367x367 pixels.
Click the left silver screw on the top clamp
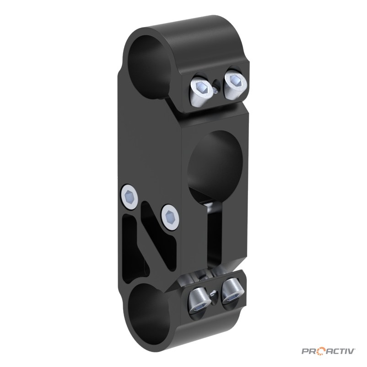pyautogui.click(x=201, y=91)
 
